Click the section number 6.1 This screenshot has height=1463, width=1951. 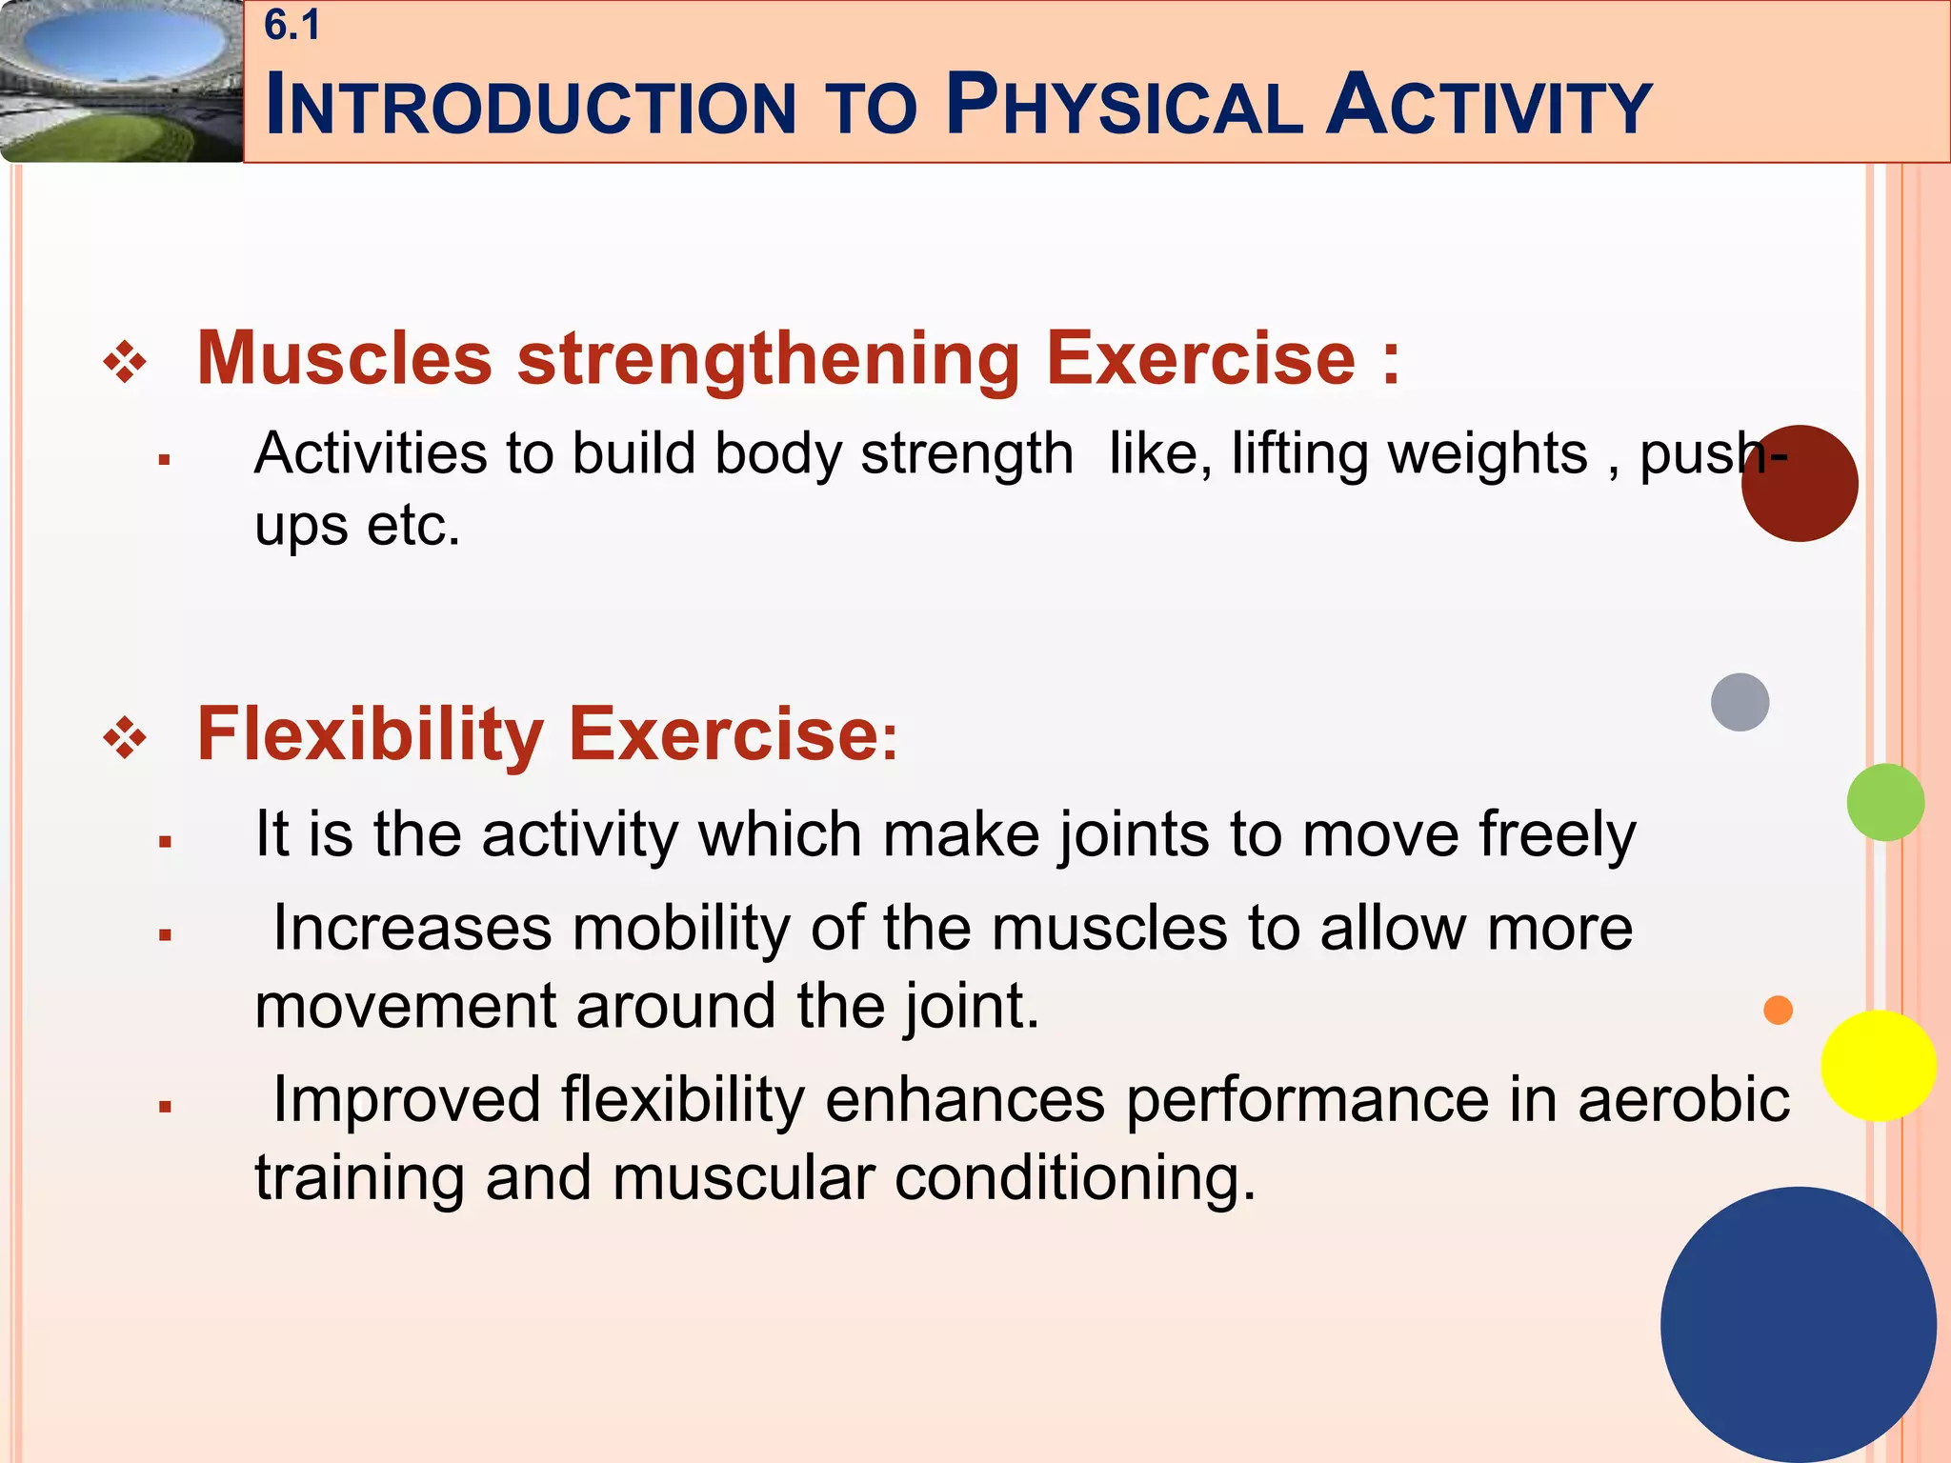pos(292,26)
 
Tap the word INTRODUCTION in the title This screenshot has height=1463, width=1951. pos(530,107)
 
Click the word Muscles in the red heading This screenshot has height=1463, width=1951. pos(345,359)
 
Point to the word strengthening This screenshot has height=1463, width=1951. pos(769,359)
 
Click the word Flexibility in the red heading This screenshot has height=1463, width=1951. pos(370,734)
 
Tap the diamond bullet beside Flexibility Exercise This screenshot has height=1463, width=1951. pos(125,739)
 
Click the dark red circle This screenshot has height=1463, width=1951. pos(1800,484)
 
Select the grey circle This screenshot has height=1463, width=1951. pos(1740,702)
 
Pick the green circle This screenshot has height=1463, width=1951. pos(1884,802)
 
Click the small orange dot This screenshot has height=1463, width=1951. pos(1778,1010)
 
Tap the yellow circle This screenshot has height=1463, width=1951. pos(1878,1066)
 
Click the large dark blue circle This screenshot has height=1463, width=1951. pos(1798,1324)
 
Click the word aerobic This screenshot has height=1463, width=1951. pos(1683,1100)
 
